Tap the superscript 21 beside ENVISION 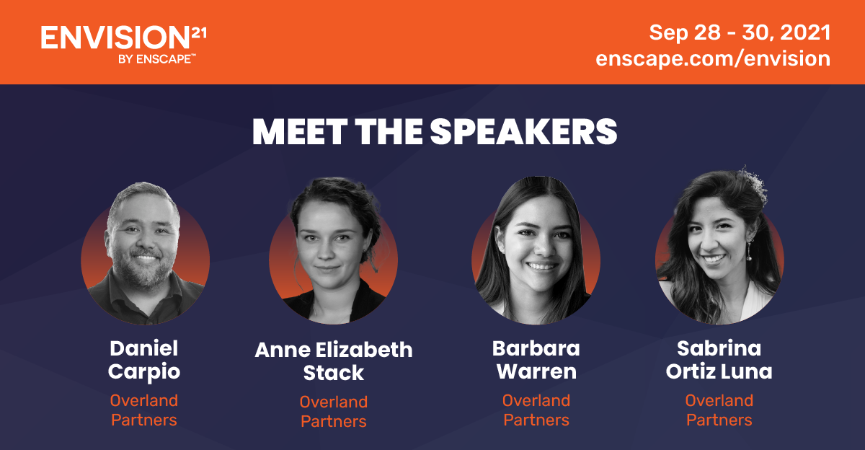point(199,33)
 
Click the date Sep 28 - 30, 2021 point(740,32)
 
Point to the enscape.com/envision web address point(713,58)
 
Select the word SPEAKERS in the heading point(523,132)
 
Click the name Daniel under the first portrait point(144,348)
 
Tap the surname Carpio point(144,372)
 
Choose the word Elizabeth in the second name point(364,350)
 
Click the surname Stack point(334,373)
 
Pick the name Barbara point(536,348)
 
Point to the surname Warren point(536,371)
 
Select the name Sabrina point(719,348)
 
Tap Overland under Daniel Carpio point(144,400)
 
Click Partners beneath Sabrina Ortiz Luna point(719,420)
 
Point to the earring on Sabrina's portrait point(749,250)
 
